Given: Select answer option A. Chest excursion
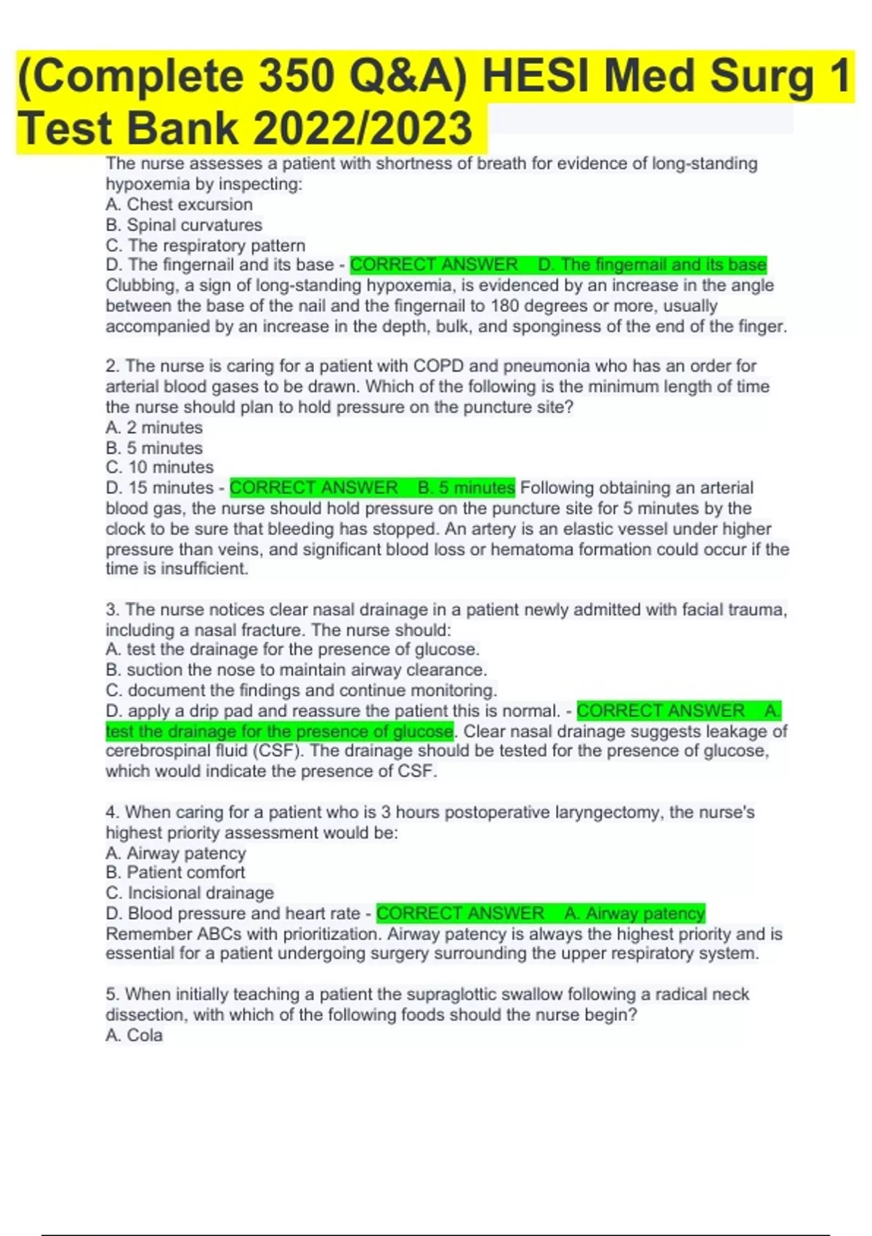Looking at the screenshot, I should pos(179,205).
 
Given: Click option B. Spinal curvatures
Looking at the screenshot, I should pos(184,225).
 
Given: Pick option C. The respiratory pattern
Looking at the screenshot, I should pos(206,246).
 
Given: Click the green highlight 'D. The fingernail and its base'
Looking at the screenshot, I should pos(653,265).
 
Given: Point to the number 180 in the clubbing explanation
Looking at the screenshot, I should pos(506,306).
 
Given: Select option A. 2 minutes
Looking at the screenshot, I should pos(154,428).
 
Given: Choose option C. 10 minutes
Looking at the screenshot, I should pos(160,467).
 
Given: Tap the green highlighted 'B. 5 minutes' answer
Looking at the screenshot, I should pos(466,488).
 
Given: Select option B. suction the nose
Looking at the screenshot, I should pos(296,670).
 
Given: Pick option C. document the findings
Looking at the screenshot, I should pos(302,690).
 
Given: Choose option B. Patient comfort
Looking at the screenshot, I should pos(175,872).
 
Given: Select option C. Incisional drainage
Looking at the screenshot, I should pos(190,893).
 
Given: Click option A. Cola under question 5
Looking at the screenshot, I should pos(134,1035).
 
